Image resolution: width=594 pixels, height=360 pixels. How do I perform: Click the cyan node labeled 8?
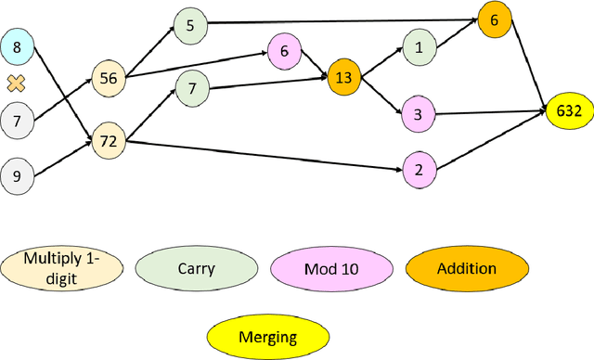[16, 45]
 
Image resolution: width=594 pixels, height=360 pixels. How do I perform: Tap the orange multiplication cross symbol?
[16, 84]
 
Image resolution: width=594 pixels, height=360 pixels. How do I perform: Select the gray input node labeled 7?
[16, 121]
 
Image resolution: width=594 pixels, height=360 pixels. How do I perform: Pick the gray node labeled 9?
[16, 174]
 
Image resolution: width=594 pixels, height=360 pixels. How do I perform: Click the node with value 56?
[109, 79]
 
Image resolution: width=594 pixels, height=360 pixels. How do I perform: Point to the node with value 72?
[109, 141]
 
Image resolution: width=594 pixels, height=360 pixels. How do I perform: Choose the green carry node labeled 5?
[190, 26]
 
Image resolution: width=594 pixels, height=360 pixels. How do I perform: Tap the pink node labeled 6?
[285, 52]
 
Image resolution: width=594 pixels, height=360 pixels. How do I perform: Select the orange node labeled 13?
[343, 78]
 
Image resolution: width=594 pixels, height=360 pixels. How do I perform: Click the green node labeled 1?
[419, 47]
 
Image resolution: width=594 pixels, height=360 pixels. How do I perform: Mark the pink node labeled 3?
[419, 114]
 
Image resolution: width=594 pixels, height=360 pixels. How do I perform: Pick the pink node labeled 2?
[420, 169]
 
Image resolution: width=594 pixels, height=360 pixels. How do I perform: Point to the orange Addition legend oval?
[464, 269]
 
